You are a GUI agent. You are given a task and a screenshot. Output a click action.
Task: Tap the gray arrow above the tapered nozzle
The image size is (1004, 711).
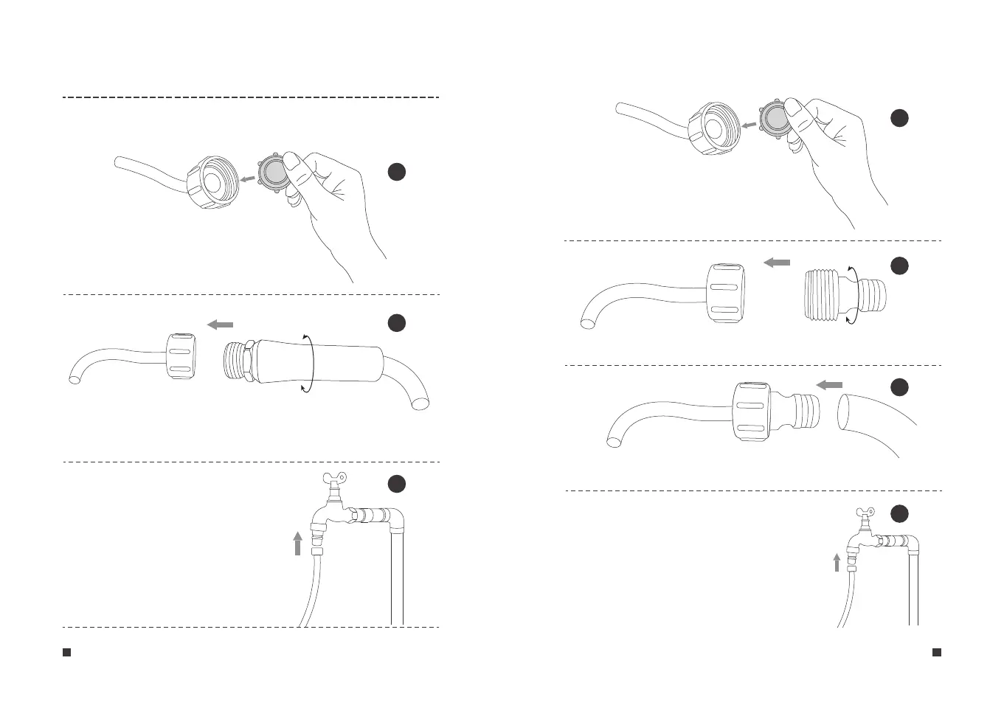[x=220, y=325]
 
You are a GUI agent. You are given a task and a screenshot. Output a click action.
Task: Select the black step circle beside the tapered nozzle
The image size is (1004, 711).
[x=397, y=322]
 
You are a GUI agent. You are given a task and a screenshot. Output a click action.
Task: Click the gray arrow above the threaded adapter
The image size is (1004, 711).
[x=776, y=263]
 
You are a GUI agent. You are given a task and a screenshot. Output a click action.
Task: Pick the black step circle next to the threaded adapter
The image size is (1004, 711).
[x=899, y=266]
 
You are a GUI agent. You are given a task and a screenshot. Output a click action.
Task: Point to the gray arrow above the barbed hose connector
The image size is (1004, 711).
[x=829, y=384]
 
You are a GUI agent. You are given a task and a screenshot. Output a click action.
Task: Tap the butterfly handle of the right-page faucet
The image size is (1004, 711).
[x=865, y=512]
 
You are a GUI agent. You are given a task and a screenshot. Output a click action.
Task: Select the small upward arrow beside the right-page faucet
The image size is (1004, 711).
[x=837, y=563]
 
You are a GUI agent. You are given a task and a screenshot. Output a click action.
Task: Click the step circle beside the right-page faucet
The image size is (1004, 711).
[x=899, y=513]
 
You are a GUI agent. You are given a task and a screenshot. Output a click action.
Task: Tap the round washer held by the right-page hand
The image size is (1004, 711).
[x=775, y=118]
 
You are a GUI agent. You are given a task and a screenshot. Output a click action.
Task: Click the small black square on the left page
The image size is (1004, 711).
[x=66, y=652]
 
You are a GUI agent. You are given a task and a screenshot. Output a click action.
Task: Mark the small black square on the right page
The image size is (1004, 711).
[x=937, y=652]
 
